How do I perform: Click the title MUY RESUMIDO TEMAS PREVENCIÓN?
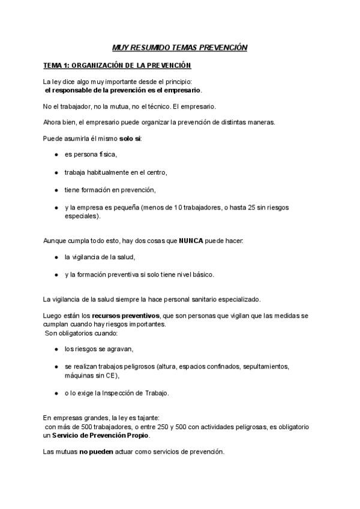click(x=180, y=47)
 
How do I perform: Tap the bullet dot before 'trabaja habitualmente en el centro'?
click(x=56, y=172)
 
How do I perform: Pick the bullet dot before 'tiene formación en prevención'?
click(x=56, y=190)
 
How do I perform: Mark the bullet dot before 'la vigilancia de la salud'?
click(x=56, y=258)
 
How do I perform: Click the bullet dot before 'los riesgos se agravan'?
click(x=56, y=349)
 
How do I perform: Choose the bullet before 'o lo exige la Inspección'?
click(x=56, y=393)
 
